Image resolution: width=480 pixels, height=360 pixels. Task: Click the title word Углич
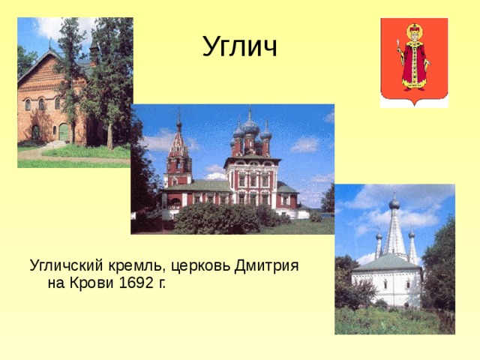click(240, 46)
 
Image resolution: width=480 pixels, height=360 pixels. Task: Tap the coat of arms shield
click(414, 61)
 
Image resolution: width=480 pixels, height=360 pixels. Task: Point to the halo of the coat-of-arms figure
click(415, 31)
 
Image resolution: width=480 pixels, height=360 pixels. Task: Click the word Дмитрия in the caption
click(266, 265)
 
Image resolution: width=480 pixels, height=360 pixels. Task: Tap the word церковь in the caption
click(200, 266)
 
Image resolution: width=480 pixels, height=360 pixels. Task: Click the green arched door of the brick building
click(64, 132)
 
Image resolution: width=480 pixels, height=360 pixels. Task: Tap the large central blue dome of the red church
click(250, 127)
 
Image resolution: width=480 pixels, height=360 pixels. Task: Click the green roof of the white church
click(387, 262)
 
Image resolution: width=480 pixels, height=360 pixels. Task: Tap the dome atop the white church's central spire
click(394, 203)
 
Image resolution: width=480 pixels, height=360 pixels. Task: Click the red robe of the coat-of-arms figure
click(414, 66)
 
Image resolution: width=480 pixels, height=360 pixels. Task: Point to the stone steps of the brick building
click(55, 144)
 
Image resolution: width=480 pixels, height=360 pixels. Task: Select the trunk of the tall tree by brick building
click(109, 135)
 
